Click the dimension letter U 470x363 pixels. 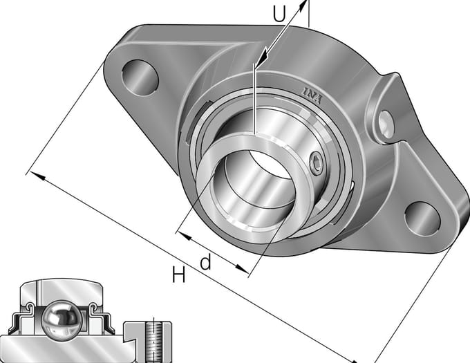pos(279,14)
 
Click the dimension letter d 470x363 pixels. pos(206,261)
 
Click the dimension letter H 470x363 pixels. pos(178,274)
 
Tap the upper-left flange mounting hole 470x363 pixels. pos(140,77)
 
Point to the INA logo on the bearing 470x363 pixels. pos(312,95)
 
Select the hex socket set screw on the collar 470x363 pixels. pos(317,162)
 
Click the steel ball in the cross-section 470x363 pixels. pos(61,320)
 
